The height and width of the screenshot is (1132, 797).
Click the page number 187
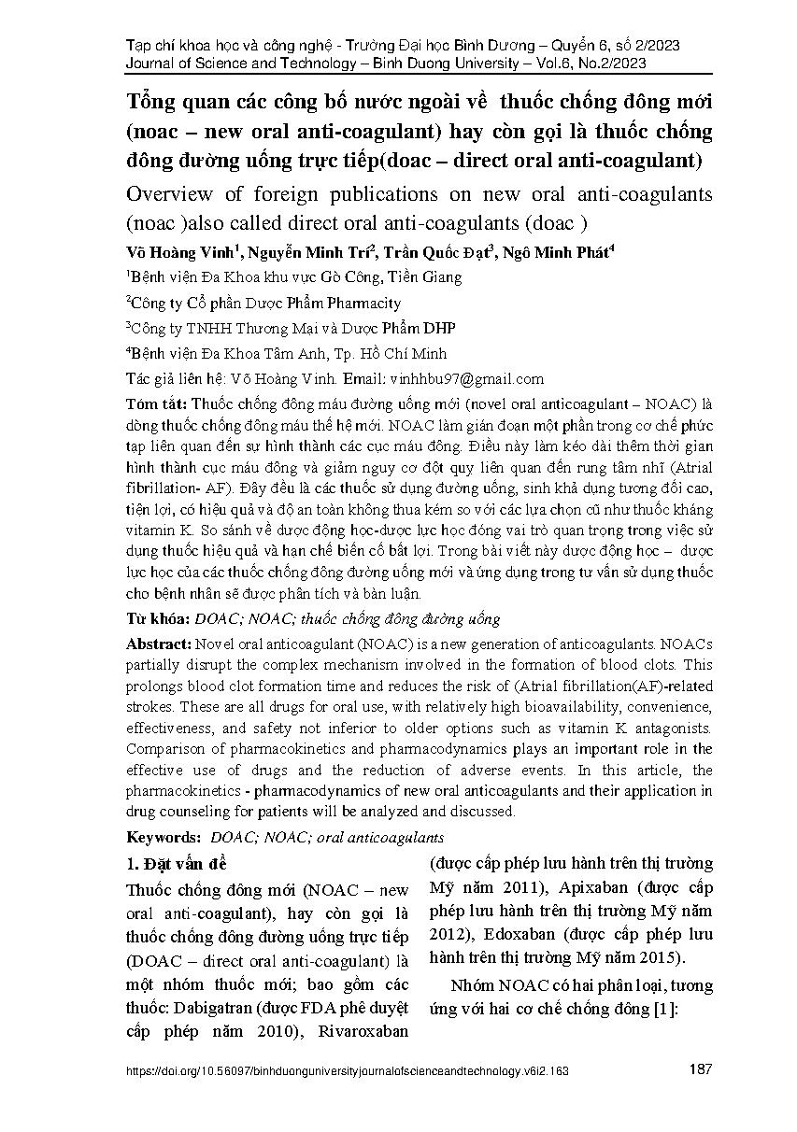coord(701,1070)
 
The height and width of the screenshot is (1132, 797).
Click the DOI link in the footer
coord(347,1072)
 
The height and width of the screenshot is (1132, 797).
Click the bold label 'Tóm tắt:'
coord(155,403)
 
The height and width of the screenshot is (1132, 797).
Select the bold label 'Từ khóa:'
coord(156,618)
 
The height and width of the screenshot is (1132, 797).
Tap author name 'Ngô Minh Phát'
coord(551,253)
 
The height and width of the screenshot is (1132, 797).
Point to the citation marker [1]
coord(666,1010)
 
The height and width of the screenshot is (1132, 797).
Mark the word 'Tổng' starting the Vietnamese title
coord(155,102)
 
